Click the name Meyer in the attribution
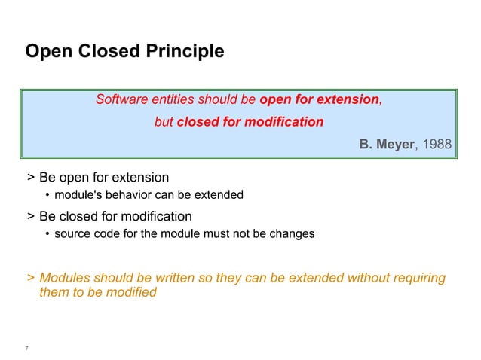coord(395,143)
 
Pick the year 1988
coord(438,143)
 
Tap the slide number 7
coord(27,348)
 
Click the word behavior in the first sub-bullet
coord(130,195)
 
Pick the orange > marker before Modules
coord(30,279)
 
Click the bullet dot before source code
coord(47,234)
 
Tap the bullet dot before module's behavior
coord(47,196)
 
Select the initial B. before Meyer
coord(366,143)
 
